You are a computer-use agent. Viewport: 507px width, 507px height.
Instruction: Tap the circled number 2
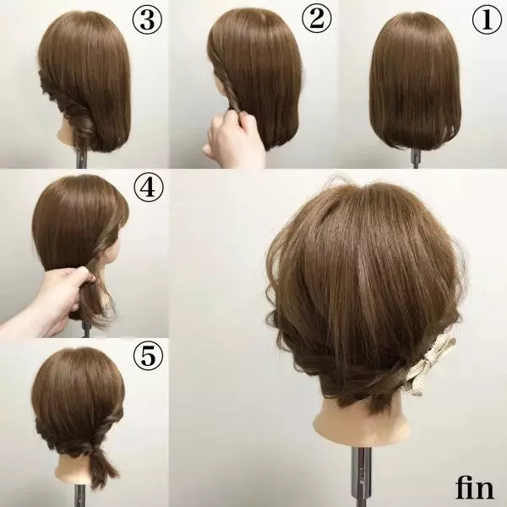[317, 19]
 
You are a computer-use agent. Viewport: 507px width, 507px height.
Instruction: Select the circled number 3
[147, 19]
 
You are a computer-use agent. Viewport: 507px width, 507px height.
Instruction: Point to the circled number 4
[149, 187]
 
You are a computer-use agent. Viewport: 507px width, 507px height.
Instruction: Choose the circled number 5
[149, 356]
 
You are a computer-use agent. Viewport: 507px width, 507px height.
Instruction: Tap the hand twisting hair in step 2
[232, 139]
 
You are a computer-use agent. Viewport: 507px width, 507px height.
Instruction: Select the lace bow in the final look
[433, 363]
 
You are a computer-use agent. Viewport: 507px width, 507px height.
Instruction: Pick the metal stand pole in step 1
[416, 159]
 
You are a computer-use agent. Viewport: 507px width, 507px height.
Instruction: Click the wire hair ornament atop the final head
[338, 182]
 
